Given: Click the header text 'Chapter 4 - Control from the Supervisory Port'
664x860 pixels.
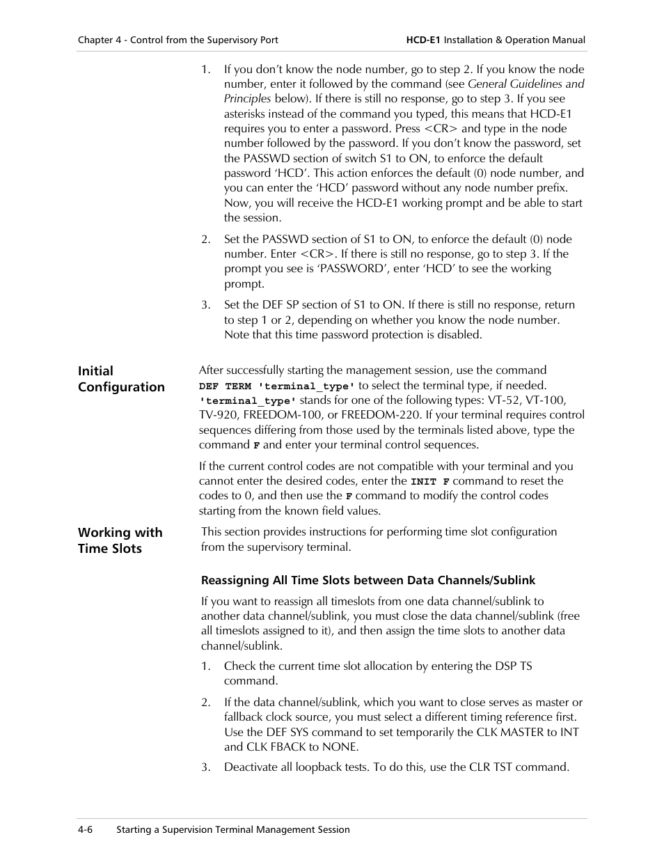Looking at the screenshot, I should [177, 40].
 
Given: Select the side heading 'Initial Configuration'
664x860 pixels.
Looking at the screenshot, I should [121, 380].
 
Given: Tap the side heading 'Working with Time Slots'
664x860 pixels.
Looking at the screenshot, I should [120, 540].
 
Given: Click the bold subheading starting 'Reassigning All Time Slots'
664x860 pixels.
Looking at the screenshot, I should [367, 580].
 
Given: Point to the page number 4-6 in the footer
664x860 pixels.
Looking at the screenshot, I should [86, 829].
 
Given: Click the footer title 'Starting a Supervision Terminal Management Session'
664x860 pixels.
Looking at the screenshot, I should [232, 829].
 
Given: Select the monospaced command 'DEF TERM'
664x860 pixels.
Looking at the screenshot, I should [225, 386].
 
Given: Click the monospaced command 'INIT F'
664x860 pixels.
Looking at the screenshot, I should [429, 481].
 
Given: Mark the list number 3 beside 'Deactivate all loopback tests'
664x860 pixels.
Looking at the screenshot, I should [205, 767].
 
